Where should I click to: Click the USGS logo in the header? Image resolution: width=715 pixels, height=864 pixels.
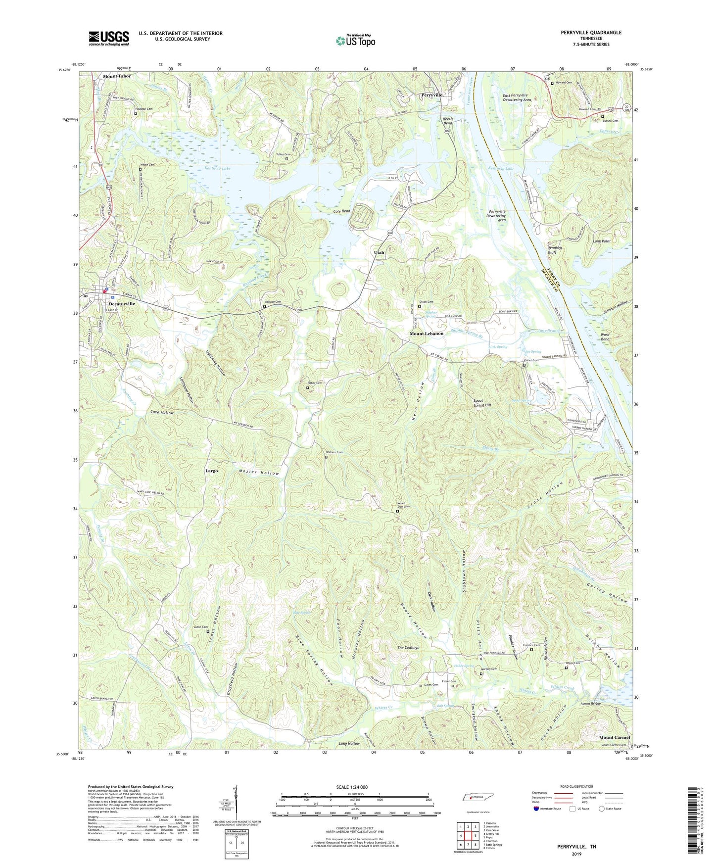click(109, 38)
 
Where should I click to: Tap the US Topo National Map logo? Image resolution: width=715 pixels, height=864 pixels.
click(355, 41)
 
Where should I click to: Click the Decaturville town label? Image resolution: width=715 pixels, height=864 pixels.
click(122, 303)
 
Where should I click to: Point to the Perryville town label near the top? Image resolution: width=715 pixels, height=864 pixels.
click(431, 95)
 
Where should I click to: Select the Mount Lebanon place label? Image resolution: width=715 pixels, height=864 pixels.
click(426, 334)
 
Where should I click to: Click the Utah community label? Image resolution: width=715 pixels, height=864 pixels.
click(379, 252)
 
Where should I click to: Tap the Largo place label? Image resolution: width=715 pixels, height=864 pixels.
click(212, 471)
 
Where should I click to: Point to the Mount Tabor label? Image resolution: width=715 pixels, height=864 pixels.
click(117, 76)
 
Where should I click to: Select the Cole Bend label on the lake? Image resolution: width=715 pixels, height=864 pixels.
click(341, 211)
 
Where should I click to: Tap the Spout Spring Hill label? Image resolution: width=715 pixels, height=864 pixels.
click(482, 402)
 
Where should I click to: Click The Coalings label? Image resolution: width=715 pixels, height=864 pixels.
click(408, 647)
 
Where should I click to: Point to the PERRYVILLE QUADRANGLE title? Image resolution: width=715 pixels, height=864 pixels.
click(591, 33)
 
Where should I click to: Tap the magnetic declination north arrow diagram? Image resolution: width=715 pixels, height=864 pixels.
click(236, 802)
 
